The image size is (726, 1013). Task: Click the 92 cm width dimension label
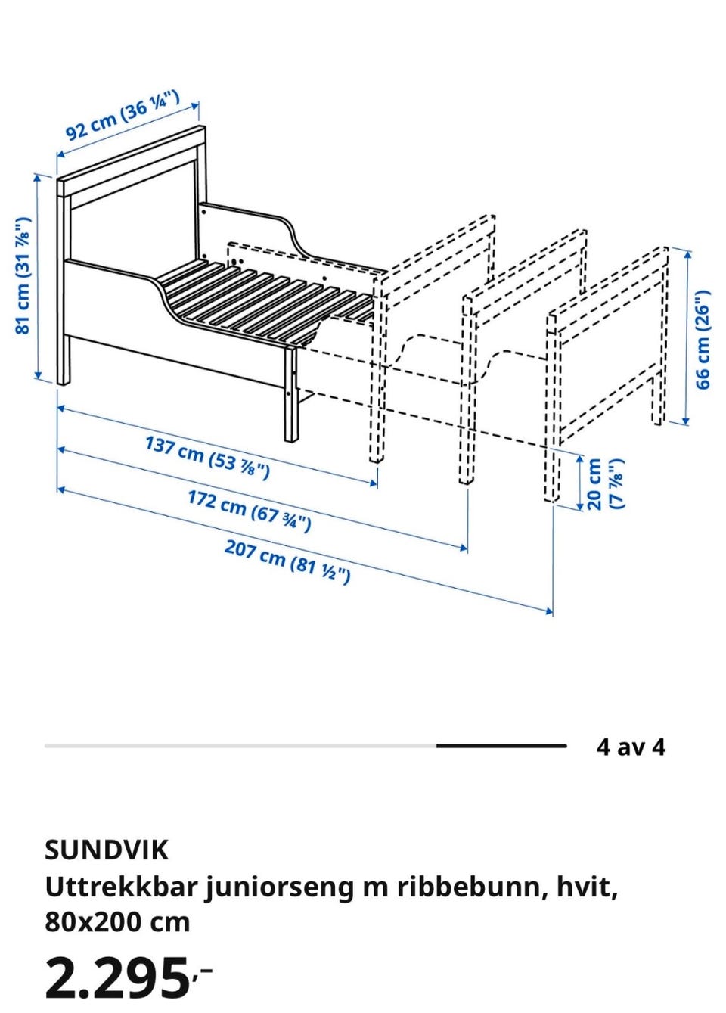click(123, 115)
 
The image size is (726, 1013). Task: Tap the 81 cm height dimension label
click(23, 276)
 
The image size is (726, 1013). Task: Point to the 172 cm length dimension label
click(249, 511)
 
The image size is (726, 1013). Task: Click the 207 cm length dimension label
click(287, 561)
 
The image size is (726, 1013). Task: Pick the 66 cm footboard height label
click(703, 339)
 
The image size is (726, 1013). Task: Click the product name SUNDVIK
click(107, 850)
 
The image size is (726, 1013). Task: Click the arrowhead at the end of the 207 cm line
click(549, 612)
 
